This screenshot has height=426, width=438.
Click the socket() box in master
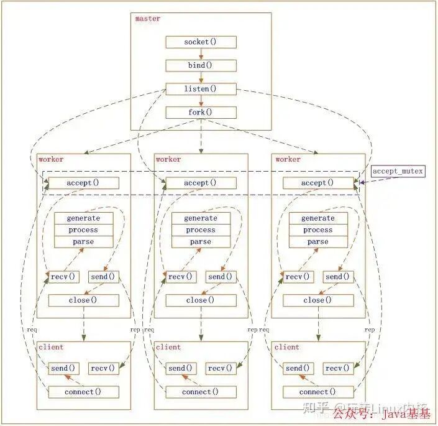[x=201, y=42]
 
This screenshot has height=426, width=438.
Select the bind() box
[x=201, y=65]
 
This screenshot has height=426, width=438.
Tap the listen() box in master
[x=201, y=89]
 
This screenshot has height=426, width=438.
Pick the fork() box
[x=201, y=113]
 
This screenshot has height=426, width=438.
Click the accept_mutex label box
[x=398, y=171]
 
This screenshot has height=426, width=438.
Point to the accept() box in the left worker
[x=83, y=183]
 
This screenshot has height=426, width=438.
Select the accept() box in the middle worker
[x=201, y=183]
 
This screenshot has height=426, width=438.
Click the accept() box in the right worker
[x=317, y=183]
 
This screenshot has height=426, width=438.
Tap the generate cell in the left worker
[x=83, y=218]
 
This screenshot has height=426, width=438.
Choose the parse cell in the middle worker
[x=201, y=242]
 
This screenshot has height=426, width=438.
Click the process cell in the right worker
[x=317, y=230]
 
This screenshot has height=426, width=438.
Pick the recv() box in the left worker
[x=63, y=277]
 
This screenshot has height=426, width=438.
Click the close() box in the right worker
[x=317, y=300]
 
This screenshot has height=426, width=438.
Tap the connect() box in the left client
[x=83, y=392]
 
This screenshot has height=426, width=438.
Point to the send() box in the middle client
[x=181, y=368]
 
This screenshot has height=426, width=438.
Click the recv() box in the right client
[x=337, y=368]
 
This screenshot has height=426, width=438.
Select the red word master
[x=148, y=19]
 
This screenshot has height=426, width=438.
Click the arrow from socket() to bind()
[x=201, y=54]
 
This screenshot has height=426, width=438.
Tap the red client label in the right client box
[x=286, y=347]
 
